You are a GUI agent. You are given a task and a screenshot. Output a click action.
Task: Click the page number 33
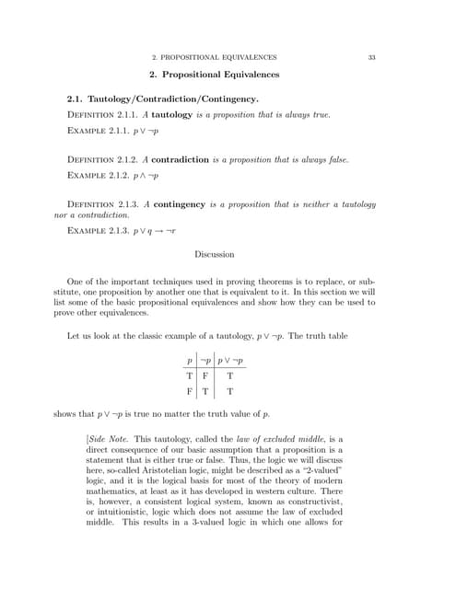point(371,57)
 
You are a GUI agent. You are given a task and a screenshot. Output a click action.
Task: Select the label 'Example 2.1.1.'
point(99,131)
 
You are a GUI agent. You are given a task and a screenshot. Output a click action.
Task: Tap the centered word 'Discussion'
point(215,254)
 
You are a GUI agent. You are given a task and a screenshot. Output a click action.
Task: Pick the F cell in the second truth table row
point(190,390)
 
